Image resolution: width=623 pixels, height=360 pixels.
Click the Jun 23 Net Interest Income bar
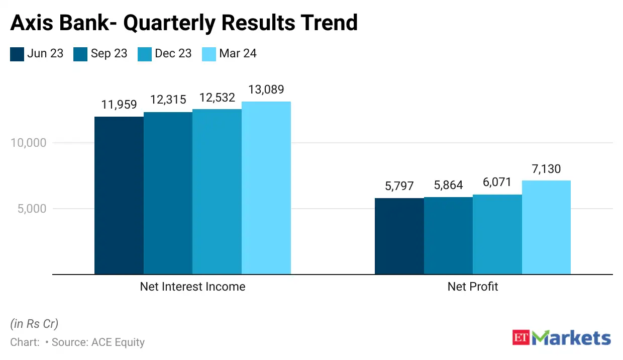pyautogui.click(x=119, y=196)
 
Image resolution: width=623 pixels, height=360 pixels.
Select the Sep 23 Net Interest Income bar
pyautogui.click(x=168, y=193)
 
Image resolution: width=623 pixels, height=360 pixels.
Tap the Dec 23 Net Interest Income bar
pyautogui.click(x=217, y=192)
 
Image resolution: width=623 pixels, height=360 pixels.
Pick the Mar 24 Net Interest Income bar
pyautogui.click(x=266, y=188)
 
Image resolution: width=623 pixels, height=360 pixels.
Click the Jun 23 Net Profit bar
pyautogui.click(x=399, y=236)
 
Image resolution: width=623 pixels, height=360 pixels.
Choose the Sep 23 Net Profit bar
pyautogui.click(x=448, y=236)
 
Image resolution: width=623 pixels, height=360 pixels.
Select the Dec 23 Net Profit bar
pyautogui.click(x=497, y=234)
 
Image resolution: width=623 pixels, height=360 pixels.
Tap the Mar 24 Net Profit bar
pyautogui.click(x=546, y=227)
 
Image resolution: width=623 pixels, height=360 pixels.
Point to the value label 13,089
pyautogui.click(x=266, y=90)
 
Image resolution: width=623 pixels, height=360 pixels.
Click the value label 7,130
pyautogui.click(x=547, y=169)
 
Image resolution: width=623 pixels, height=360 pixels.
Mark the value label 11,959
pyautogui.click(x=119, y=105)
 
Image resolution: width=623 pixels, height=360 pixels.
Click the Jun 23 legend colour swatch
pyautogui.click(x=17, y=54)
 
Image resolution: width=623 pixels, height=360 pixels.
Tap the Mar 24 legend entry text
pyautogui.click(x=238, y=54)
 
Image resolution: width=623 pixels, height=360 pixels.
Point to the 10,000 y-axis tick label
pyautogui.click(x=28, y=143)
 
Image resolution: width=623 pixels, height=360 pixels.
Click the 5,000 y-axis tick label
pyautogui.click(x=32, y=209)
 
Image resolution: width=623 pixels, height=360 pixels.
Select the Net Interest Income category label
pyautogui.click(x=192, y=287)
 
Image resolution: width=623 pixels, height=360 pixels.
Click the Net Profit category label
pyautogui.click(x=473, y=287)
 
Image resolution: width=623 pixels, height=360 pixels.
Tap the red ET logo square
pyautogui.click(x=522, y=338)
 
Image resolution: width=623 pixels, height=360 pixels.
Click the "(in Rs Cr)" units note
pyautogui.click(x=34, y=323)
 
